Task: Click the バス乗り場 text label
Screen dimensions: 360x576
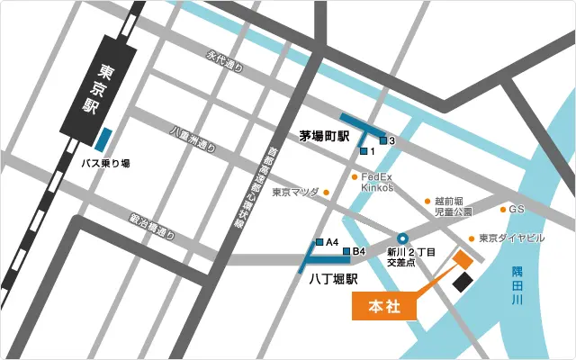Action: point(106,163)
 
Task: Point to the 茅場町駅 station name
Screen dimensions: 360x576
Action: point(324,137)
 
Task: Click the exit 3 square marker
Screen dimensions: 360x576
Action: point(382,141)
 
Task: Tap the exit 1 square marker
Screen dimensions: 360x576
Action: point(363,151)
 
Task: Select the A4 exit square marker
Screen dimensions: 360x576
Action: point(319,242)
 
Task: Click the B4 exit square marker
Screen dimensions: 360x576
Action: point(346,251)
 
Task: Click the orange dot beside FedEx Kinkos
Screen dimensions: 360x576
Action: point(354,177)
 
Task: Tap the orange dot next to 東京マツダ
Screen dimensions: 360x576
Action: point(327,192)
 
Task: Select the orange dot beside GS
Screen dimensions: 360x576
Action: point(502,210)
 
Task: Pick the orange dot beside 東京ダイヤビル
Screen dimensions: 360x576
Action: point(471,239)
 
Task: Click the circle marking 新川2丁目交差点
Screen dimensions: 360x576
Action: point(402,238)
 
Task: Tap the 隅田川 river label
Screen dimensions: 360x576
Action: point(517,285)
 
